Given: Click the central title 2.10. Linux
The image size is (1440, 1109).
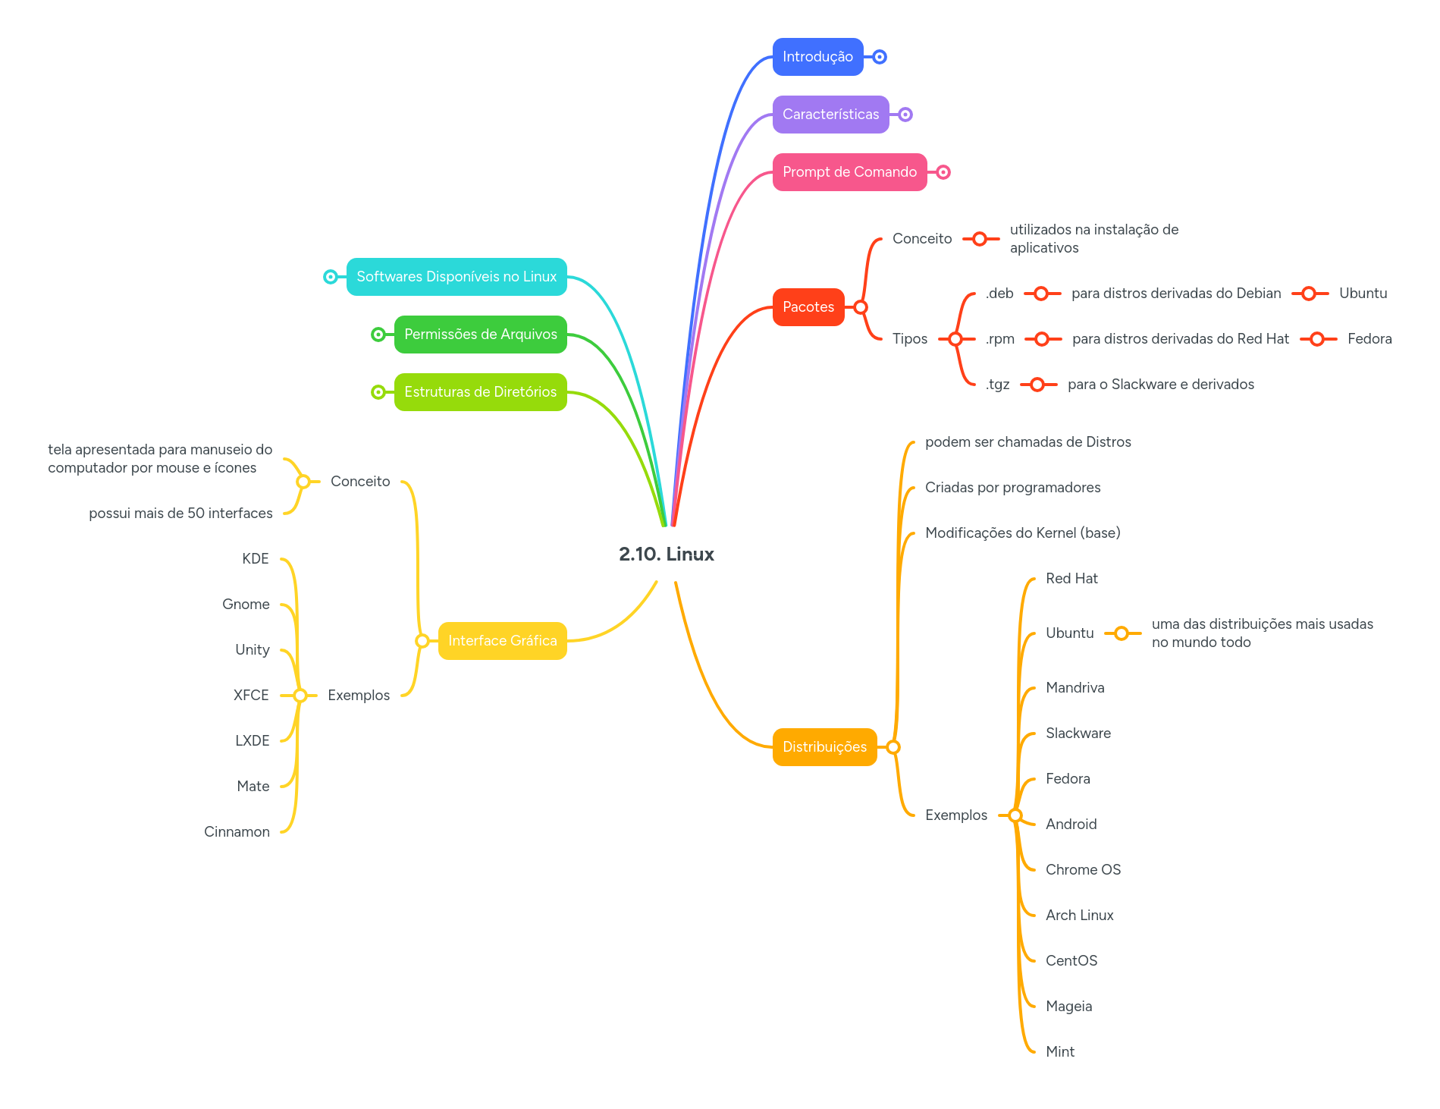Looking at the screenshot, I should click(x=666, y=554).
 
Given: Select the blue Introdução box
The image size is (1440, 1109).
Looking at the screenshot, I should click(x=817, y=57).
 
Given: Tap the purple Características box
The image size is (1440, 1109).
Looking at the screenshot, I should click(x=830, y=115).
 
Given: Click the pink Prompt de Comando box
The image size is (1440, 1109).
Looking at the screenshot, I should click(x=849, y=172).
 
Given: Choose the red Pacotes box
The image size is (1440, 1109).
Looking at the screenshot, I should click(x=808, y=307).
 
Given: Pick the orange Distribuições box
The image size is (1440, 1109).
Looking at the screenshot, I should click(x=824, y=747).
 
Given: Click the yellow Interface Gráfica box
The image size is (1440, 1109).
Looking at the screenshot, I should click(x=502, y=641).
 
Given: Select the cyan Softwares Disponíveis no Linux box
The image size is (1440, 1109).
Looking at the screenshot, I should click(x=456, y=277).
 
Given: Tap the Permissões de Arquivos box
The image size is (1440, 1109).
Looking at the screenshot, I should click(x=480, y=335).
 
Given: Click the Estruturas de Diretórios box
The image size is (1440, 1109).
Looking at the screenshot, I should click(x=480, y=392).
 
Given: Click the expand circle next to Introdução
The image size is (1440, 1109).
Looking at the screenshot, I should click(x=880, y=57).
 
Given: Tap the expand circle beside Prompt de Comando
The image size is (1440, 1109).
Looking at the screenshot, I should click(x=943, y=172).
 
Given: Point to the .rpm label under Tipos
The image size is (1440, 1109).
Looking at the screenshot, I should click(x=999, y=339).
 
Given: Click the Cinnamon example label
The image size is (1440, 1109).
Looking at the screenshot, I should click(x=237, y=832).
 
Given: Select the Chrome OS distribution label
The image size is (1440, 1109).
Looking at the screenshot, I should click(x=1083, y=870).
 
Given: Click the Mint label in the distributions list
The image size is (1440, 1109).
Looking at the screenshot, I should click(x=1059, y=1052).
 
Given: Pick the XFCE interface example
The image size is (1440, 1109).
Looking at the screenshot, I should click(x=251, y=696).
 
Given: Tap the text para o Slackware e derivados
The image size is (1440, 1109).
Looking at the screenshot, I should click(x=1160, y=385).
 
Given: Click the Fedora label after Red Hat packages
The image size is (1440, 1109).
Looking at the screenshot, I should click(x=1369, y=339).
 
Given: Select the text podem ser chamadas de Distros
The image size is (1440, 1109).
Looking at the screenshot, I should click(x=1027, y=442).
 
